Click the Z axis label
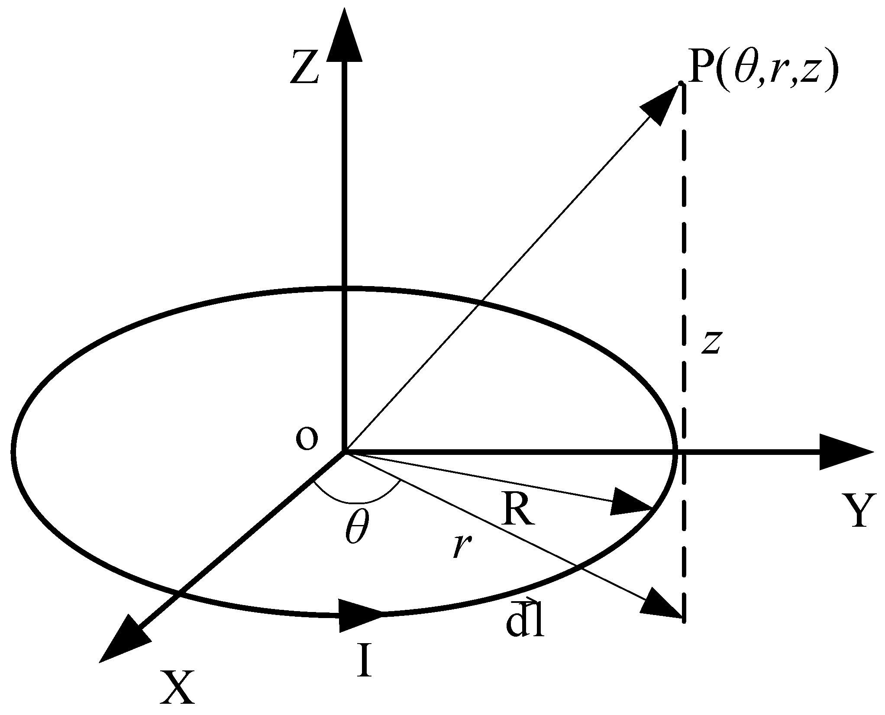pyautogui.click(x=305, y=67)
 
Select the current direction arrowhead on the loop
pyautogui.click(x=359, y=615)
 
